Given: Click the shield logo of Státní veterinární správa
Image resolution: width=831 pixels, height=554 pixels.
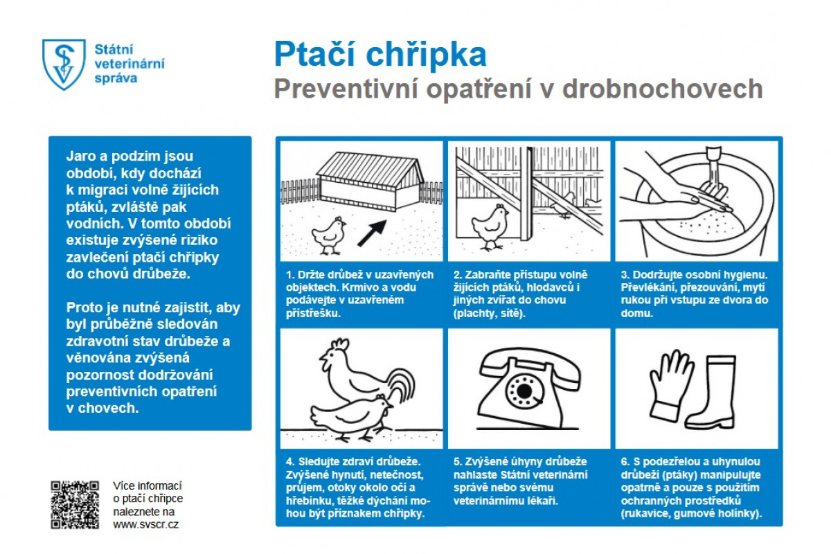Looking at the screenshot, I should (x=64, y=64).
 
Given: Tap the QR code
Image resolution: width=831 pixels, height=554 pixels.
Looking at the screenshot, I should (x=75, y=505).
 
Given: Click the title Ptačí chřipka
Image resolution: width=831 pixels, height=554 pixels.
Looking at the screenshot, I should (x=379, y=54).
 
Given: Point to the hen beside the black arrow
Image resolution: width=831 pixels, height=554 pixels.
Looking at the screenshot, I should (x=329, y=234).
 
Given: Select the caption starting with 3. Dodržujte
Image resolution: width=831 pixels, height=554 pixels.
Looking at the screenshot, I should (x=692, y=294).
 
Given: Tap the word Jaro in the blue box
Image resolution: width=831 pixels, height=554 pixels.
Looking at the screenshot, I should (x=81, y=156).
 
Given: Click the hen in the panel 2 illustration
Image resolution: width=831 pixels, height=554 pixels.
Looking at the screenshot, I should (x=491, y=224).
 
